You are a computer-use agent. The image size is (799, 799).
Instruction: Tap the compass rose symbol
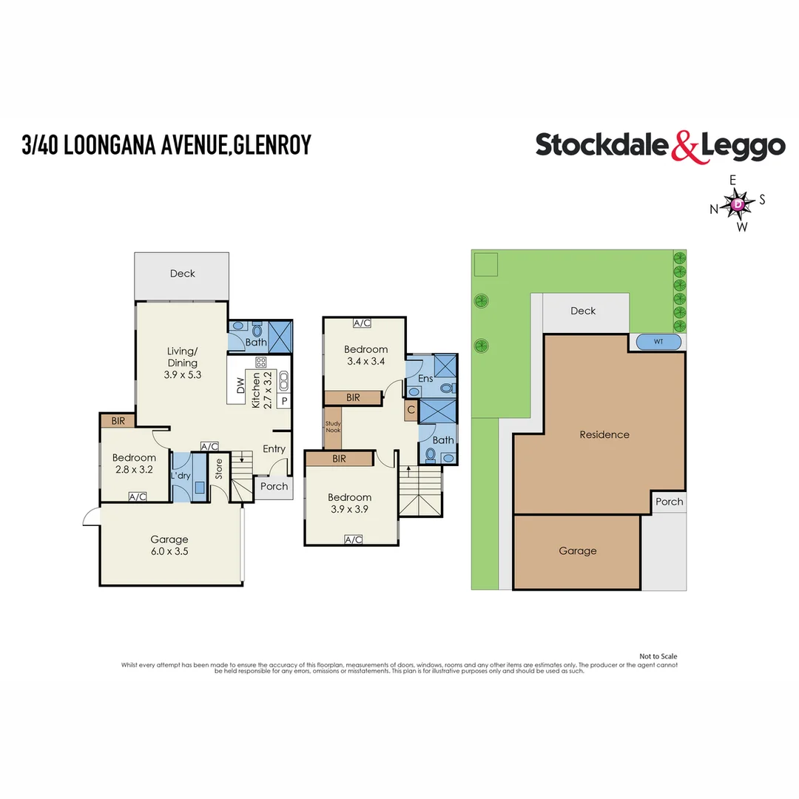(x=738, y=203)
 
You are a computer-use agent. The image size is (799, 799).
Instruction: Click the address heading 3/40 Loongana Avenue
(x=166, y=144)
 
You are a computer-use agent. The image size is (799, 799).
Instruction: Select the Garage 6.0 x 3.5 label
(x=170, y=545)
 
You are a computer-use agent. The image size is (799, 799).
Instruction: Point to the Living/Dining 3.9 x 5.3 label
(x=182, y=363)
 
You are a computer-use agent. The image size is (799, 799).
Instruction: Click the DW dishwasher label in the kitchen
(x=240, y=385)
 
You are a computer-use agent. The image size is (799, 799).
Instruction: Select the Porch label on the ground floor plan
(x=274, y=486)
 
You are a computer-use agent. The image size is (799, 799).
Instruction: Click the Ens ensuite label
(x=425, y=379)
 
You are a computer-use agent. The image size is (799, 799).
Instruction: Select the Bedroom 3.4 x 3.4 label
(x=365, y=355)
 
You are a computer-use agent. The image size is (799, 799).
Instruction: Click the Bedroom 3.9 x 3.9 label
(x=351, y=503)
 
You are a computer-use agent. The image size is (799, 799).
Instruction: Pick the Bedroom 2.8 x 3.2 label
(x=134, y=463)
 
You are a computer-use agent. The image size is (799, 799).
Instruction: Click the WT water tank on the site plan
(x=658, y=342)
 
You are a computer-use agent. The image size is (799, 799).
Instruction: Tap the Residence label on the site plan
(x=604, y=434)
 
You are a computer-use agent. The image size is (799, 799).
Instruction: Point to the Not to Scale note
(x=658, y=656)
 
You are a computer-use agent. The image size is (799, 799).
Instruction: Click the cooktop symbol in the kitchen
(x=260, y=363)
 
